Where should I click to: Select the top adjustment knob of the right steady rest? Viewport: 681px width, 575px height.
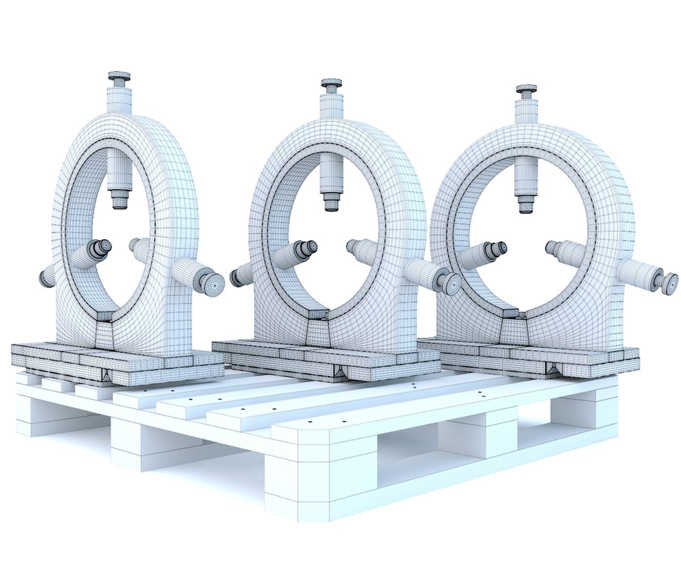click(x=526, y=89)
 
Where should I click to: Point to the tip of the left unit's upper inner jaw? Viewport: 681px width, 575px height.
click(x=119, y=203)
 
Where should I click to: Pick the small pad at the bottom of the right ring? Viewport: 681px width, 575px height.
click(x=511, y=313)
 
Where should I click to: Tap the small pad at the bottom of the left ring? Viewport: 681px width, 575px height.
click(x=104, y=317)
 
